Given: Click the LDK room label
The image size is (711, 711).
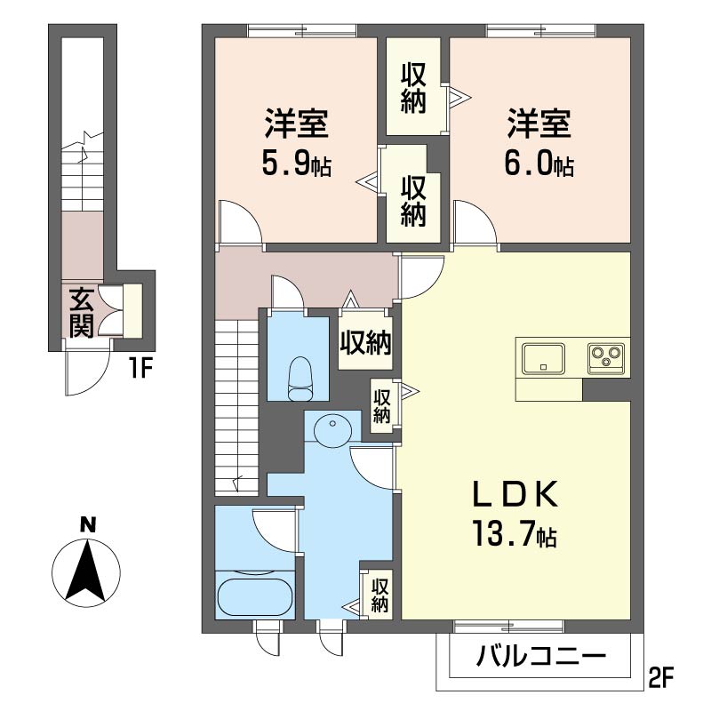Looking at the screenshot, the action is click(515, 494).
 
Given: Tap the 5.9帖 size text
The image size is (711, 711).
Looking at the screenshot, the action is click(297, 164).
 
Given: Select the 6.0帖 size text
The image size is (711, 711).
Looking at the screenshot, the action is click(539, 164).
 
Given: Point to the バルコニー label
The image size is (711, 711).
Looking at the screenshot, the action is click(540, 656).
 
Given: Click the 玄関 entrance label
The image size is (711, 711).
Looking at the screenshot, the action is click(82, 313).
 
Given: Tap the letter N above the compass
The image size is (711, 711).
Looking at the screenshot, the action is click(87, 525).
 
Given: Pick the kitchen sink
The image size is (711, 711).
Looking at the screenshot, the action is click(543, 358).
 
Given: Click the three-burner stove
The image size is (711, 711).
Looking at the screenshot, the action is click(606, 358).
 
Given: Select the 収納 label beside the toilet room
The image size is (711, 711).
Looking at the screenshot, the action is click(365, 344).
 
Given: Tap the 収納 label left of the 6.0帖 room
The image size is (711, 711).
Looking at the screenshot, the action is click(413, 88).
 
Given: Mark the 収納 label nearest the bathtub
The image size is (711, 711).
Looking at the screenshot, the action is click(380, 595).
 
